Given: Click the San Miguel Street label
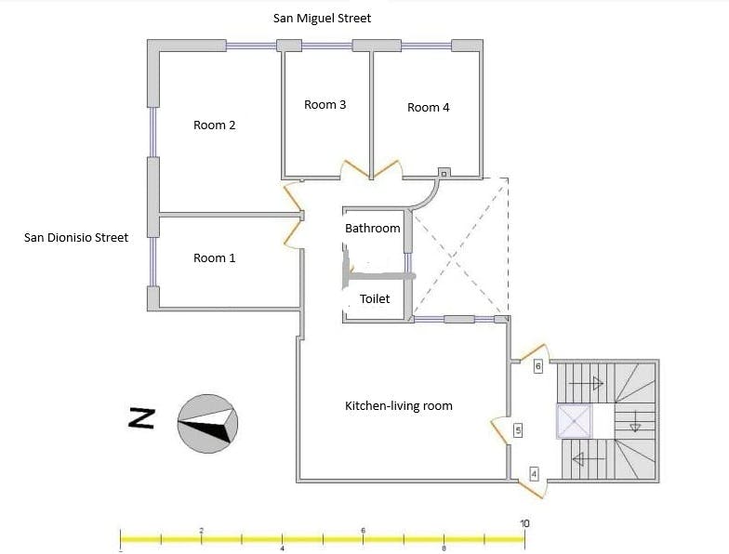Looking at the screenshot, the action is click(322, 19).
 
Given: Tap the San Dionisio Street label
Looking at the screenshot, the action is click(76, 238).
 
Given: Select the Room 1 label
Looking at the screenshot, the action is click(214, 258).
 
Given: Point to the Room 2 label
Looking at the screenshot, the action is click(214, 125).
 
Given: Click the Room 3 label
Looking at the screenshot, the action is click(325, 104).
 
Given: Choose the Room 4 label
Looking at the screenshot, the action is click(428, 108).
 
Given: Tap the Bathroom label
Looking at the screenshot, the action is click(372, 229).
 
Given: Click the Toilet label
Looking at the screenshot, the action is click(375, 299).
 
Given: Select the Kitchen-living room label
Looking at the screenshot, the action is click(398, 405).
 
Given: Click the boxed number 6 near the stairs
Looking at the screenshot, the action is click(537, 366).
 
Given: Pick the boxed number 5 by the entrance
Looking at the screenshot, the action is click(518, 430).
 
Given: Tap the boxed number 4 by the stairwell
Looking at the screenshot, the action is click(534, 474).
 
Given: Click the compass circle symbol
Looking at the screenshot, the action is click(208, 424).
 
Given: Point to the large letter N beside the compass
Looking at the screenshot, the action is click(141, 418).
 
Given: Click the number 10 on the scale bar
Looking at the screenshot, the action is click(524, 524).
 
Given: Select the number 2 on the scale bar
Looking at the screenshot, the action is click(201, 530).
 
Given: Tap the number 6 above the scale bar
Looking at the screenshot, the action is click(363, 530).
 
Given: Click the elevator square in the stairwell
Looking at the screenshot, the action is click(575, 422).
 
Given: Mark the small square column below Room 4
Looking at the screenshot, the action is click(444, 173).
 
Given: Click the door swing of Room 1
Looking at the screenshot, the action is click(293, 232).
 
